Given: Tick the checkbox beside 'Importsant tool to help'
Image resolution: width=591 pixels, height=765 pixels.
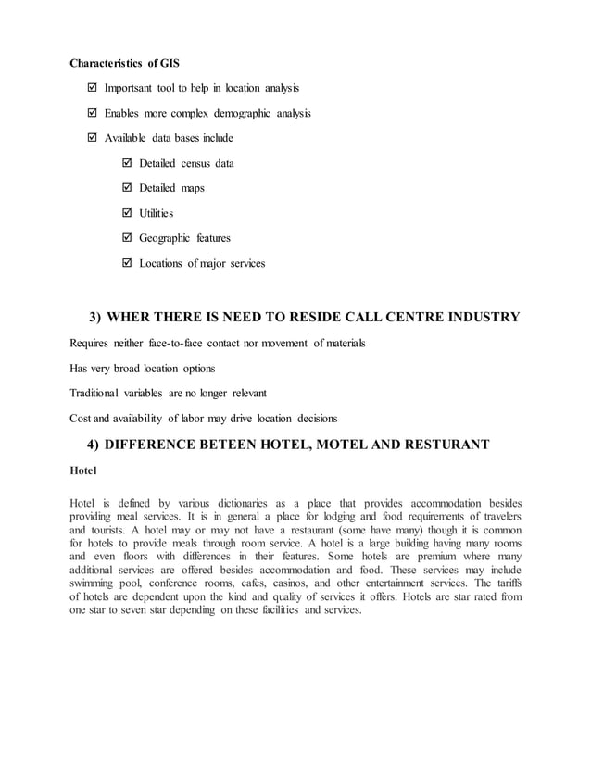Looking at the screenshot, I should point(91,89).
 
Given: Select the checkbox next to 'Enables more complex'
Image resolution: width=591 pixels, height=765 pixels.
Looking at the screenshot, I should point(91,114).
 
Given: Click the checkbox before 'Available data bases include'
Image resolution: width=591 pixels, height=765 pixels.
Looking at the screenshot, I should point(91,139).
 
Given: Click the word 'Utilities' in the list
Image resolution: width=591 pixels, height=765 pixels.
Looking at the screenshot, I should point(156,214).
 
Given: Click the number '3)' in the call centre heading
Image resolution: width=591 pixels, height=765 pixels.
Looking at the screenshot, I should point(95,318).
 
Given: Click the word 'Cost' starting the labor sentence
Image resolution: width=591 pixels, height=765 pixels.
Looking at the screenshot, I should point(82,419).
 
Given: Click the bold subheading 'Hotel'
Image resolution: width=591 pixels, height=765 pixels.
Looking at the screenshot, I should point(83,471).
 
